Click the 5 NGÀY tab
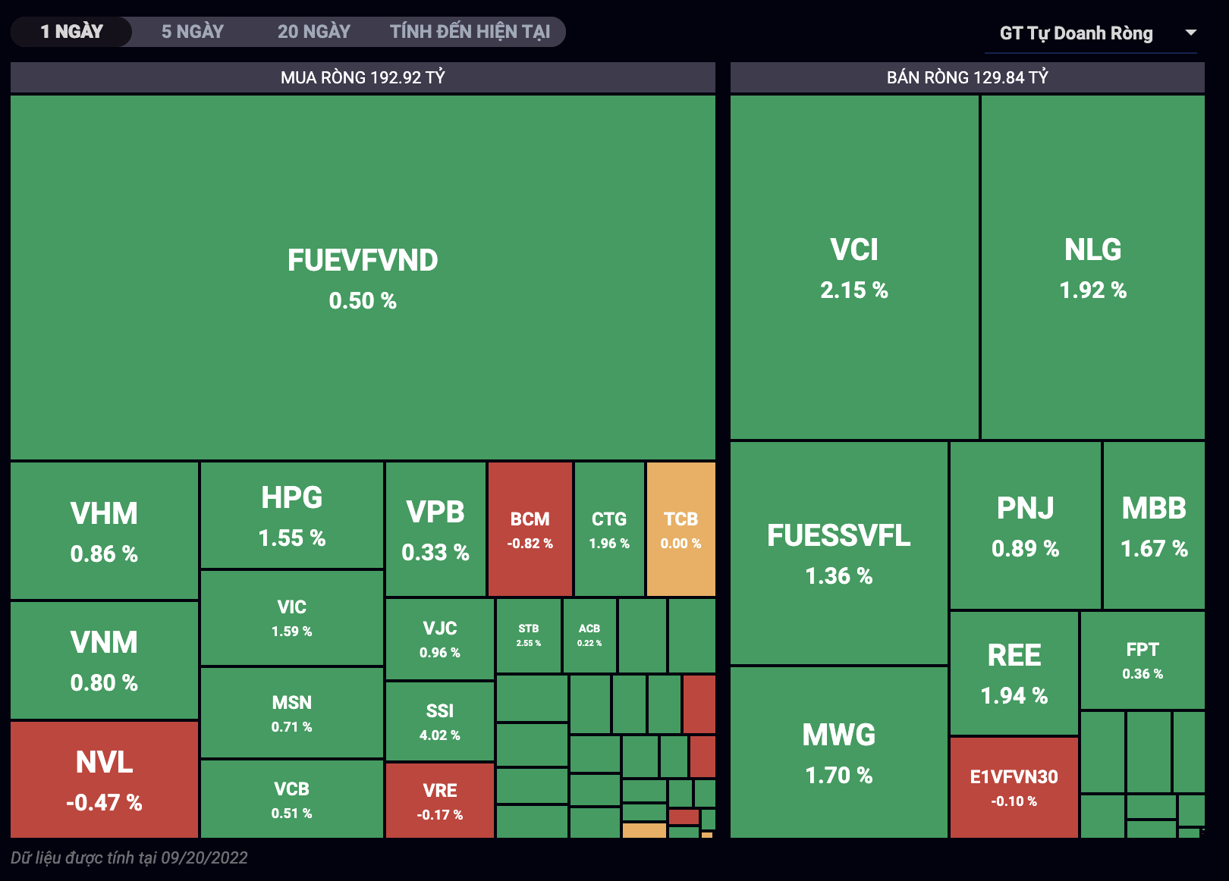pos(193,32)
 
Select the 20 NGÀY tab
pos(313,32)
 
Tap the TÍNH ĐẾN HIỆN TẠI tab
pos(470,32)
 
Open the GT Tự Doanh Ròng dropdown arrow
pos(1190,33)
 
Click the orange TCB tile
pos(681,529)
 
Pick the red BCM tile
pos(530,529)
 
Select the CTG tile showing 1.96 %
pos(609,529)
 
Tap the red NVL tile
pos(104,779)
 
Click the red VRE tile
pos(439,801)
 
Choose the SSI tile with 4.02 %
pos(439,721)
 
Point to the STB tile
pos(528,635)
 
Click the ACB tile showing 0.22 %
pos(589,635)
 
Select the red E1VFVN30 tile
pos(1014,787)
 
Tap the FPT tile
pos(1142,660)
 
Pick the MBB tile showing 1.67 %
pos(1154,525)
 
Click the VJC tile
pos(439,638)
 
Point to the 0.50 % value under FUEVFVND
pos(363,301)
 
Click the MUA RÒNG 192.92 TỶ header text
pos(363,77)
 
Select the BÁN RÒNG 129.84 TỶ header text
pos(967,77)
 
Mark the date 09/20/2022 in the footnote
pos(204,857)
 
